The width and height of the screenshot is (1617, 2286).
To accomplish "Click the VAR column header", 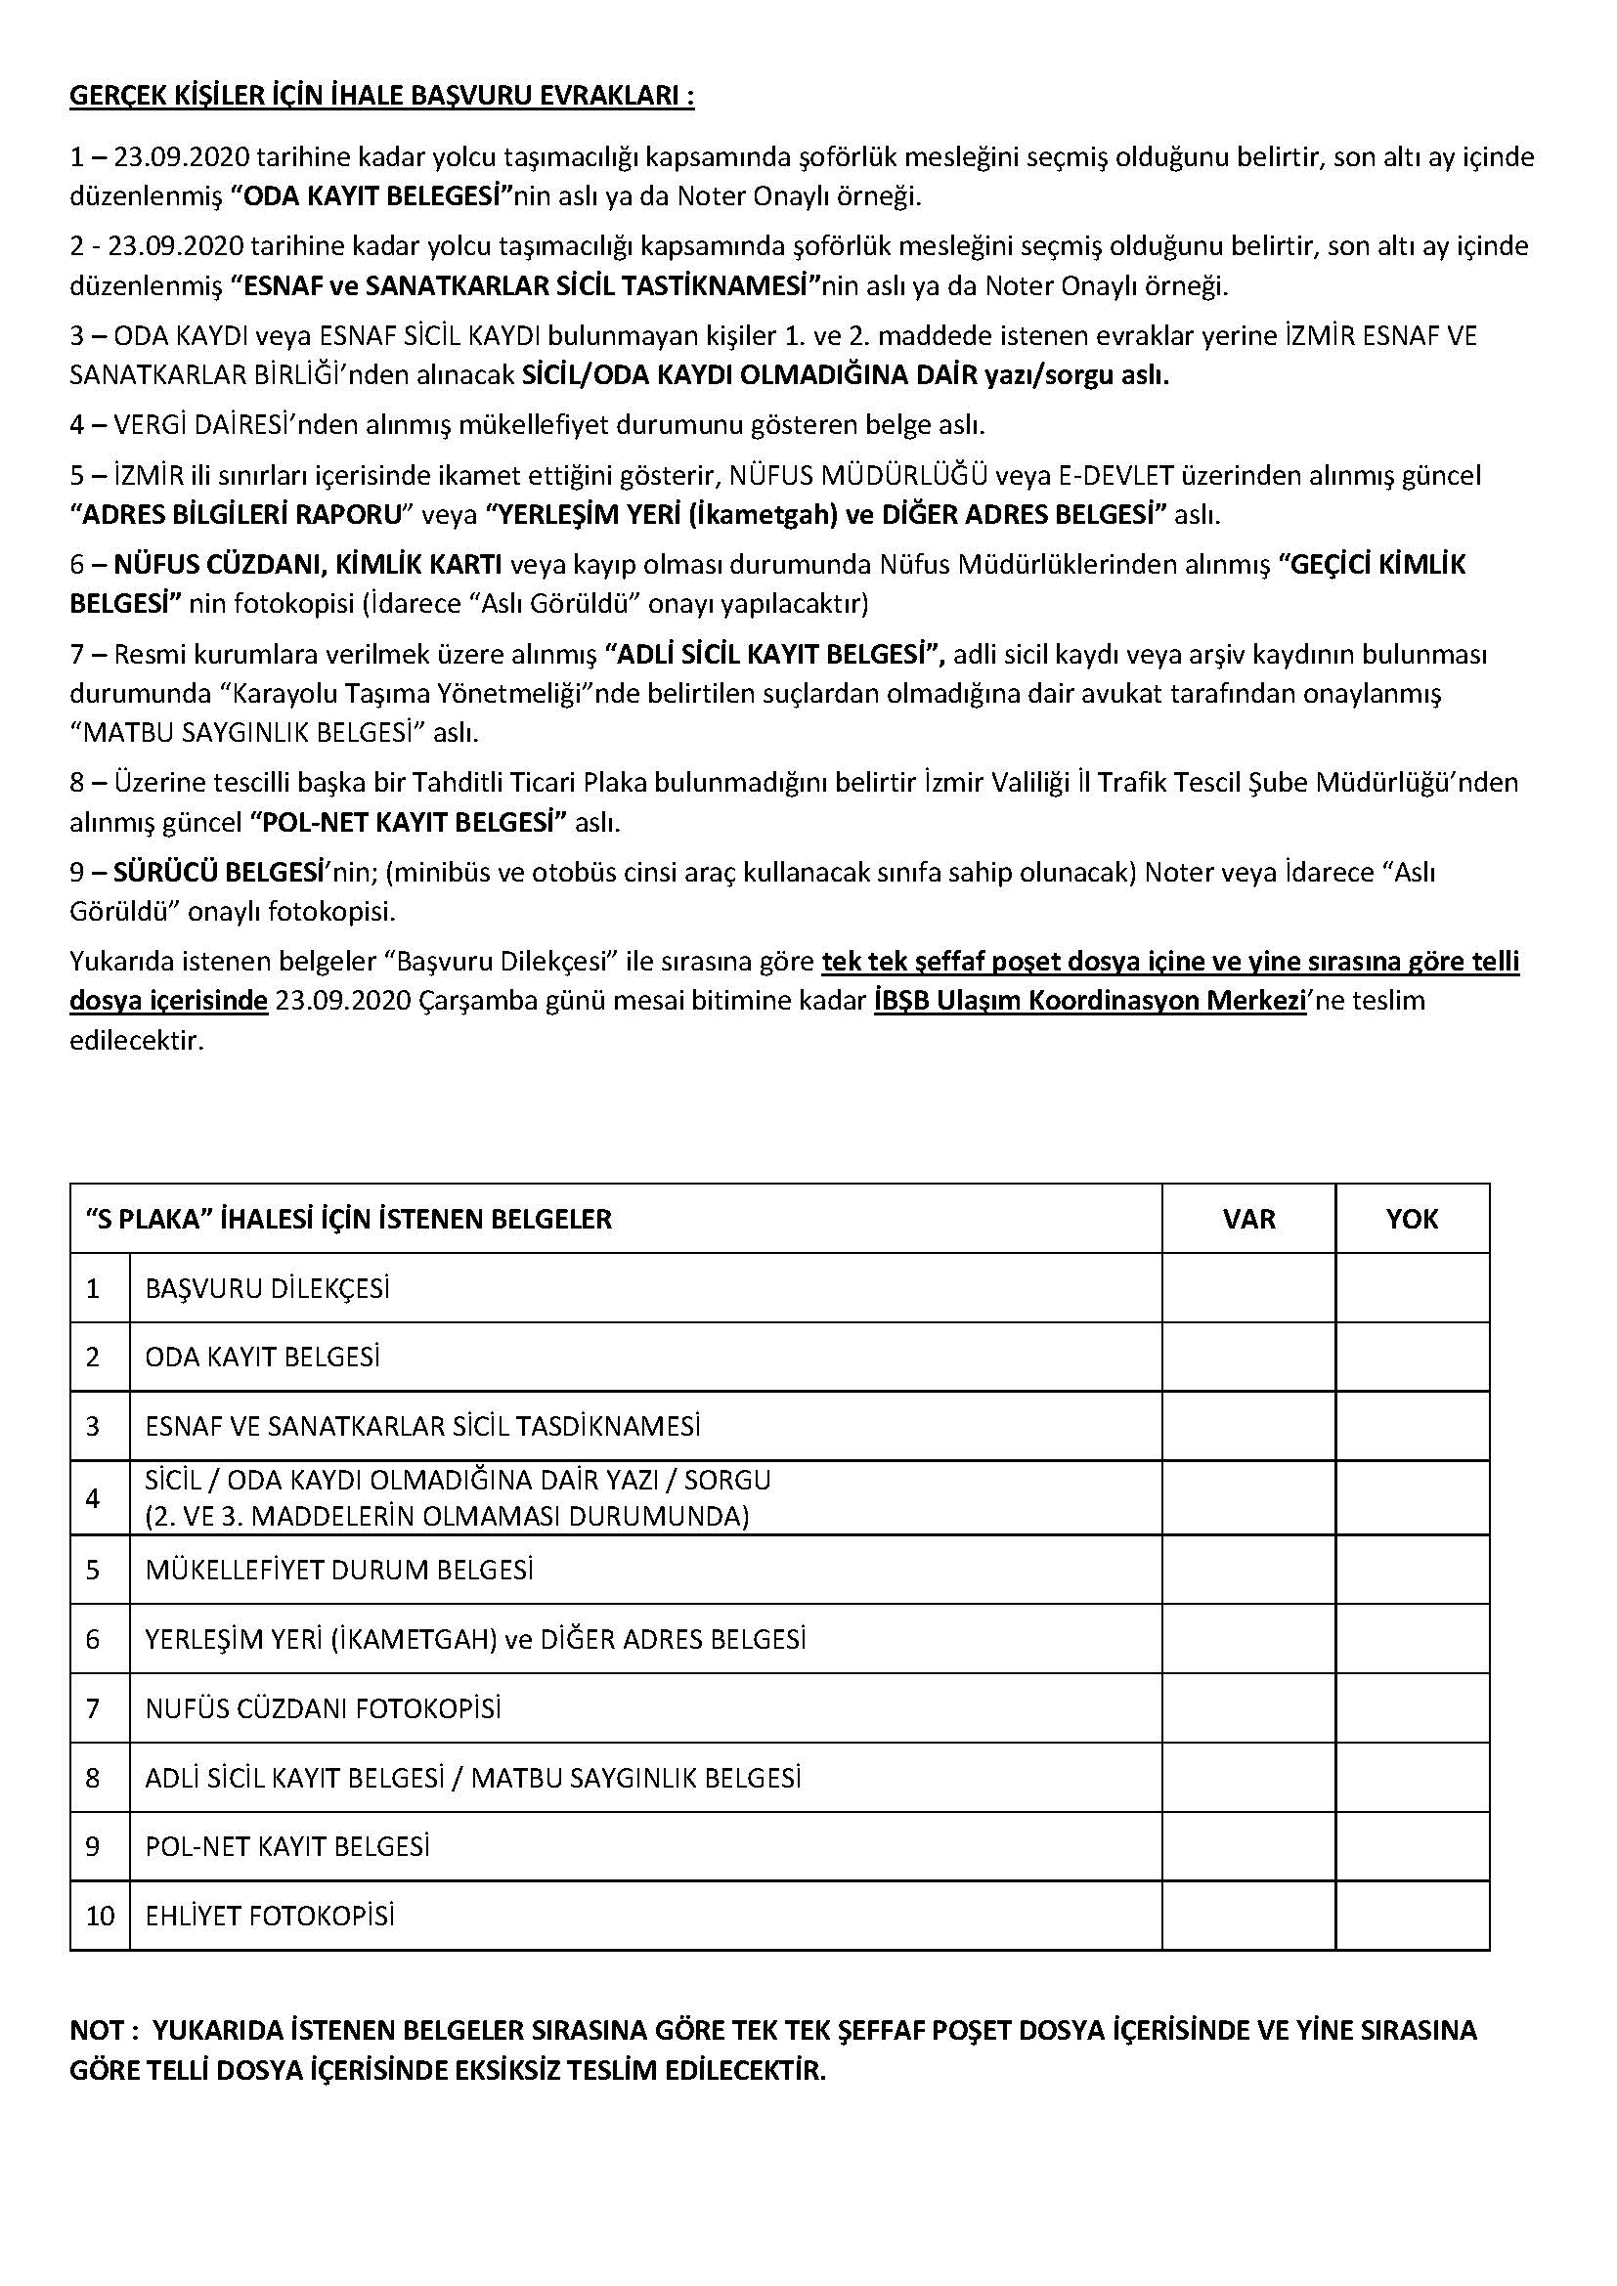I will [1247, 1219].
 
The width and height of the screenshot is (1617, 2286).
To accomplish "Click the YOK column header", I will [1411, 1219].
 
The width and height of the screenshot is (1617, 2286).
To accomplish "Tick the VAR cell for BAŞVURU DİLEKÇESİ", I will [1247, 1288].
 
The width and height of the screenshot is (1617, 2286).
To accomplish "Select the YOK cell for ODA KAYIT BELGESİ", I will [1411, 1358].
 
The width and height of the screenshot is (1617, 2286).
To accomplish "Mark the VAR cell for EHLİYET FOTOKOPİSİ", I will [1247, 1916].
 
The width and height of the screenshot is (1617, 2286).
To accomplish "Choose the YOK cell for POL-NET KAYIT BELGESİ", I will [1411, 1847].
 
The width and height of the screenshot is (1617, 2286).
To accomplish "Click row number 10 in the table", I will [100, 1916].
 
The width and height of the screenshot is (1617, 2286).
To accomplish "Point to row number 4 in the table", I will [93, 1498].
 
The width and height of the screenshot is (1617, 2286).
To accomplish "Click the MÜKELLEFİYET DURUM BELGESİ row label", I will [338, 1571].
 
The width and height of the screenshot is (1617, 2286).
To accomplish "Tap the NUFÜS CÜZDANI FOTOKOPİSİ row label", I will [323, 1708].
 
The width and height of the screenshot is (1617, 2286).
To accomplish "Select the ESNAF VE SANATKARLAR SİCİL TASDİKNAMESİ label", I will [422, 1427].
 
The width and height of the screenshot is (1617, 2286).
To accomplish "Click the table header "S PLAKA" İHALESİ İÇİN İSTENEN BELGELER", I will [348, 1219].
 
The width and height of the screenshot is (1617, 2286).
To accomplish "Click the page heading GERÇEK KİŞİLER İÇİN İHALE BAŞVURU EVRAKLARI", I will [381, 97].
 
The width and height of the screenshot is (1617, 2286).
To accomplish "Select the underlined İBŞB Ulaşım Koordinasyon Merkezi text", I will [1089, 1001].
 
